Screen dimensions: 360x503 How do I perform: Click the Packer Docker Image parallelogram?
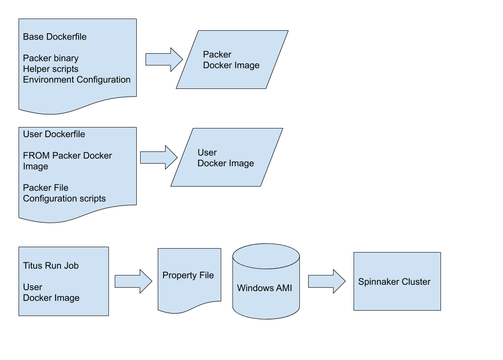pos(232,60)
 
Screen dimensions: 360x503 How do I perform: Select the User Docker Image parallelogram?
pos(227,157)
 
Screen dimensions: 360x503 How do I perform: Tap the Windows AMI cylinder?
pos(266,282)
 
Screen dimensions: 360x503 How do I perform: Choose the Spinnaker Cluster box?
pos(397,281)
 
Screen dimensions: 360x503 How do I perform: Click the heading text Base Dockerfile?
pos(55,37)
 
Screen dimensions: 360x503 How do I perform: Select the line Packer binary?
pos(51,58)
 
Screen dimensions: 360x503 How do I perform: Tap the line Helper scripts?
pos(51,69)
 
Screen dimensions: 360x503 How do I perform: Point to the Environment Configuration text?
pos(77,80)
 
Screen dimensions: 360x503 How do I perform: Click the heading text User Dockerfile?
pos(54,134)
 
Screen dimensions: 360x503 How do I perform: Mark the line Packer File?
pos(45,188)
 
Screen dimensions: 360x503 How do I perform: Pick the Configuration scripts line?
pos(64,199)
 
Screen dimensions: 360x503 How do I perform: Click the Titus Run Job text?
pos(51,266)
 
